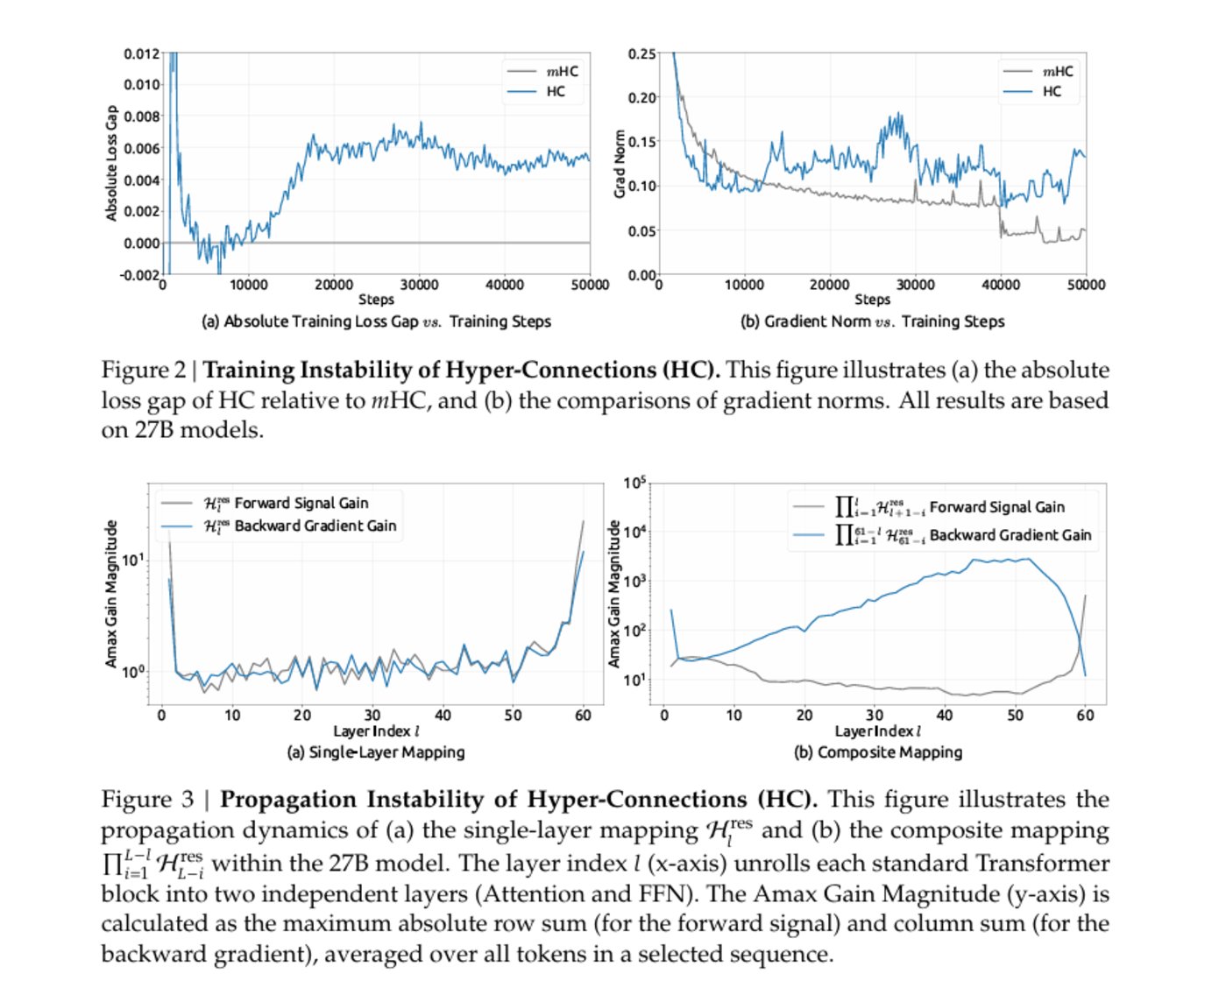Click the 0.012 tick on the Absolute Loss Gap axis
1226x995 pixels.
(x=141, y=54)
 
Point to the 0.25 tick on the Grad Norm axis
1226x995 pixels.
(x=641, y=54)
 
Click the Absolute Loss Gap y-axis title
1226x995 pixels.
(x=111, y=164)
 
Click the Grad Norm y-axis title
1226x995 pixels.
(x=620, y=164)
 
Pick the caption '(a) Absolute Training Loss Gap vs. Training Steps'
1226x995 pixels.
(x=376, y=321)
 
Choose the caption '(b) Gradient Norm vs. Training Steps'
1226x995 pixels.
(x=872, y=321)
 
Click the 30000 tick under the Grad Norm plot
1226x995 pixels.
(x=915, y=285)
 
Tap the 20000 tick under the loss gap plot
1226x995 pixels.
(x=334, y=285)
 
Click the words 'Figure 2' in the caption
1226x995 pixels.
(x=143, y=370)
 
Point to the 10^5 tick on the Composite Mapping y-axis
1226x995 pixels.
(x=634, y=483)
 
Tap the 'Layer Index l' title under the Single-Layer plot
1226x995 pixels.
(x=376, y=731)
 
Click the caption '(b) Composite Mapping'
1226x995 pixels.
(x=878, y=752)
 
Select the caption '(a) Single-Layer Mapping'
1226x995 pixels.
(x=376, y=752)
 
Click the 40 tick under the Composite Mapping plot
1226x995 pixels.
(x=945, y=716)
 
